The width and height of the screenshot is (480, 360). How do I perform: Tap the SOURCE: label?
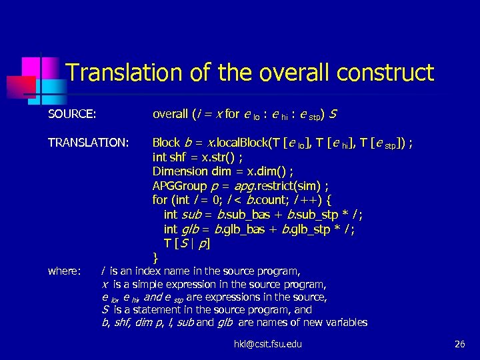point(72,114)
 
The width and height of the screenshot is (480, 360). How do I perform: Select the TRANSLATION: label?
point(88,143)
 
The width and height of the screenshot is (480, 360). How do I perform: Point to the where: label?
point(65,271)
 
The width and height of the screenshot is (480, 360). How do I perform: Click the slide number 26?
point(459,344)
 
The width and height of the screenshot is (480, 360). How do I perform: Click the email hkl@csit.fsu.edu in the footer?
point(267,344)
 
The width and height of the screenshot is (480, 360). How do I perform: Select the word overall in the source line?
point(170,114)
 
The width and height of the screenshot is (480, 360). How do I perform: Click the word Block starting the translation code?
point(167,143)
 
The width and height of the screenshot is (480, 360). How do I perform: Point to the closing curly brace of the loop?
point(155,257)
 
